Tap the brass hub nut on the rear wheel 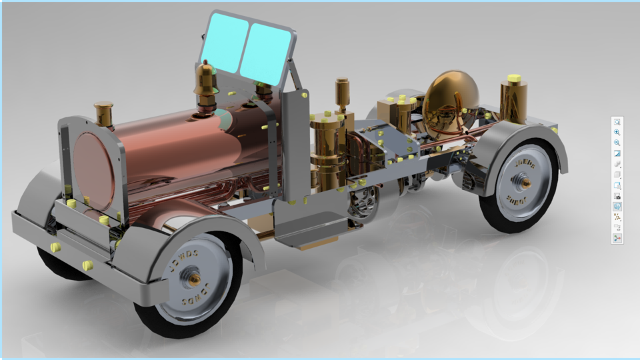coord(525,181)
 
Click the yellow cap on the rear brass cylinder coord(513,79)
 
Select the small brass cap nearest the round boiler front coord(104,113)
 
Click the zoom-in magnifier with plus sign coord(617,133)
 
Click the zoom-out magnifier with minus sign coord(617,143)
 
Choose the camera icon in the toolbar coord(617,196)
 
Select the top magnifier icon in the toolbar coord(617,122)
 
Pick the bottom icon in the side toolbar coord(617,238)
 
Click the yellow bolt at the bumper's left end coord(55,247)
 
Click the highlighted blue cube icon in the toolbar coord(617,207)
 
